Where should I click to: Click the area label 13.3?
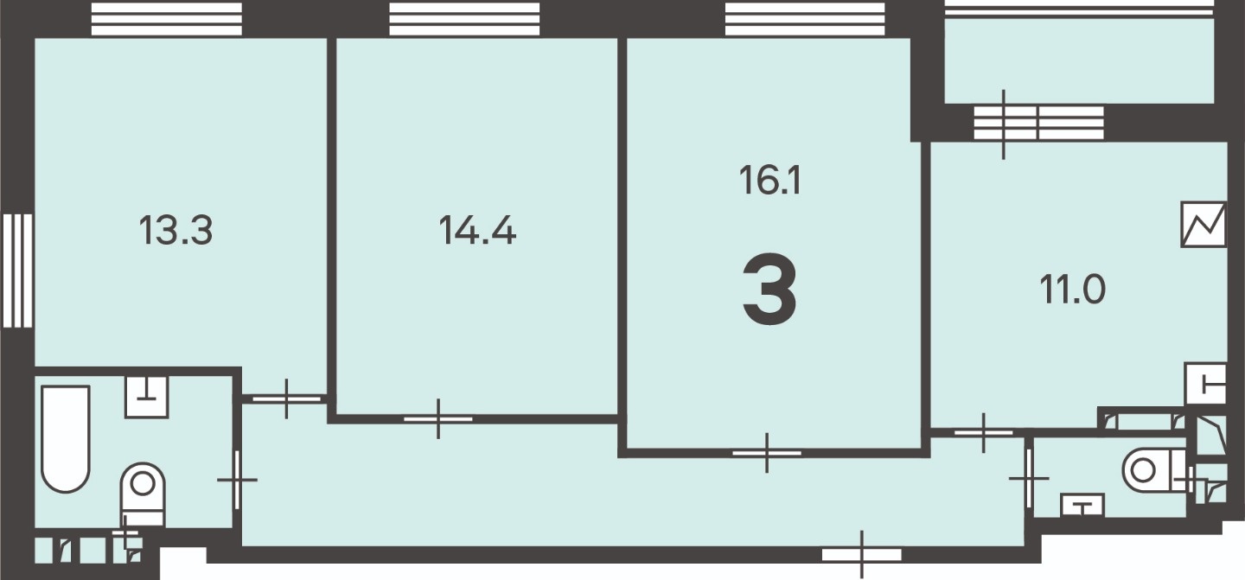click(x=176, y=231)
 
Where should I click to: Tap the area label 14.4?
click(x=477, y=231)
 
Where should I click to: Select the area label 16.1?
click(x=769, y=181)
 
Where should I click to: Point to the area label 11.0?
click(x=1073, y=290)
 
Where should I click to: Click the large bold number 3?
click(x=769, y=290)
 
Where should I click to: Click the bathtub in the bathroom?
click(x=66, y=439)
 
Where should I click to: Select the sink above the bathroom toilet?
click(x=147, y=397)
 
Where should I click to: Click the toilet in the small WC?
click(x=1154, y=470)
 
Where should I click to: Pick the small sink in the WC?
click(x=1082, y=505)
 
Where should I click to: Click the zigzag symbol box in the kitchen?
click(x=1203, y=225)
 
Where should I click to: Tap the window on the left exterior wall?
click(x=17, y=271)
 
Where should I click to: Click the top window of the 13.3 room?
click(x=167, y=19)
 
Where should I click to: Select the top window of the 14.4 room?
click(x=464, y=19)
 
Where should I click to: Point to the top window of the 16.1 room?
click(x=805, y=19)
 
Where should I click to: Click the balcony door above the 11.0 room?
click(x=1037, y=124)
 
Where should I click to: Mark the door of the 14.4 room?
click(x=438, y=419)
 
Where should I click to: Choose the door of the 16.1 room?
click(x=767, y=453)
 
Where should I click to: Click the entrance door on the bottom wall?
click(x=861, y=554)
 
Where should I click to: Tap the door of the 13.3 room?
click(x=286, y=398)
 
